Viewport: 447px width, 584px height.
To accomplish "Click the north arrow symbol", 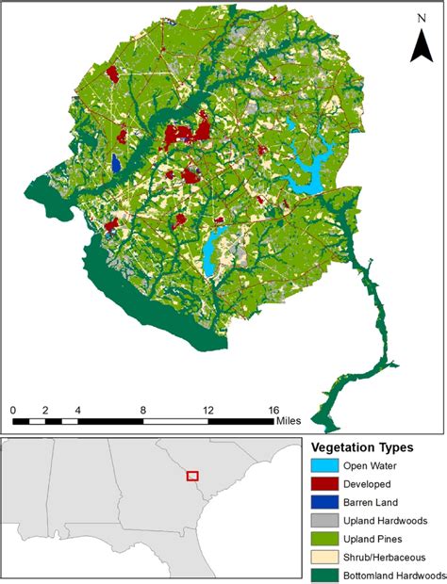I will point(421,46).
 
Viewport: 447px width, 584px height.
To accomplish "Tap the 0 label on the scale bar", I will point(13,411).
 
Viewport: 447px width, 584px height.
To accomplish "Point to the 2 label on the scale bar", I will point(44,411).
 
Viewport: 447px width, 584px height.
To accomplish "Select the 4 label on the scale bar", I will point(76,411).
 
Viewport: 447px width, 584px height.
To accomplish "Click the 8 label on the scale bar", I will point(142,411).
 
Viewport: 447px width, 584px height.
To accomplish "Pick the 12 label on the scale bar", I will point(207,411).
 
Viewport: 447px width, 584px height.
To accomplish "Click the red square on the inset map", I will point(193,477).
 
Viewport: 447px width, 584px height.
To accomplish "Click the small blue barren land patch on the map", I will point(116,163).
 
